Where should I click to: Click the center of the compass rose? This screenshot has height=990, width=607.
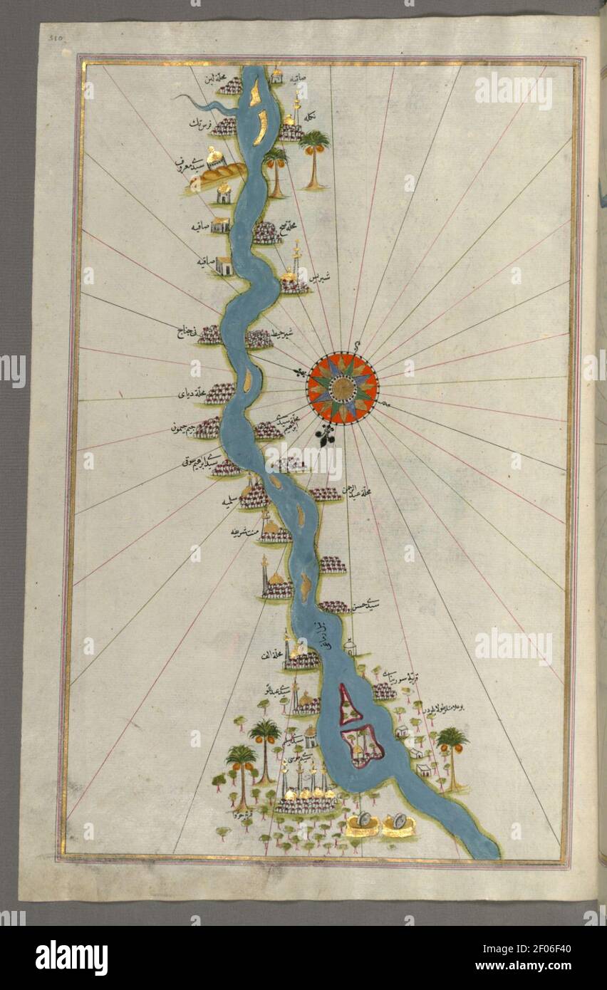pos(343,388)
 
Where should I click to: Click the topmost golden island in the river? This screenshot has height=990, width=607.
pos(255,90)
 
